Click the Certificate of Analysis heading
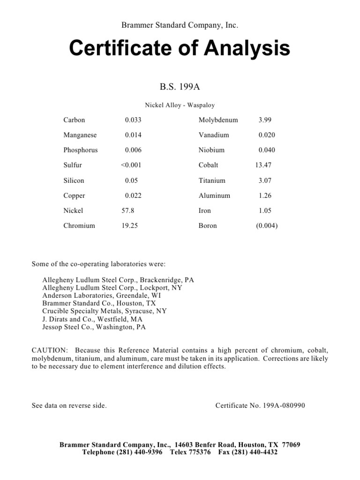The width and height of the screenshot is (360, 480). point(180,48)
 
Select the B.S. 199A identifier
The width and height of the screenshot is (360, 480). point(180,87)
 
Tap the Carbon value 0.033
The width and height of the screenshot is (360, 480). point(133,120)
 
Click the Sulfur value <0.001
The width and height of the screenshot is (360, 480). point(131,165)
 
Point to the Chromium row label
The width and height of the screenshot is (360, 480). point(79,225)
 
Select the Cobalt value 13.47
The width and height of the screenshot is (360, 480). point(263,165)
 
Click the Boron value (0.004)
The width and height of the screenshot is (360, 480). point(267,225)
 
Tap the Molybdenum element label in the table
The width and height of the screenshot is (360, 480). point(218,120)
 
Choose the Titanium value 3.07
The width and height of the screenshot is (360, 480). point(265,180)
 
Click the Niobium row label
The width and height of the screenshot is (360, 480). point(211,150)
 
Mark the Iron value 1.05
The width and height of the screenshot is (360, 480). point(265,210)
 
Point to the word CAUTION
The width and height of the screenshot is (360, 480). point(49,351)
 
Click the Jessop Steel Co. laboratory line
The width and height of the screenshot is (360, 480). point(94,327)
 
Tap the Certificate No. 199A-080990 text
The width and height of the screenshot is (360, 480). point(260,405)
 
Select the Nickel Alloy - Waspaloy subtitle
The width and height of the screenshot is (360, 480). point(180,105)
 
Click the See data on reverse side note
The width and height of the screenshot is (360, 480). point(69,405)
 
